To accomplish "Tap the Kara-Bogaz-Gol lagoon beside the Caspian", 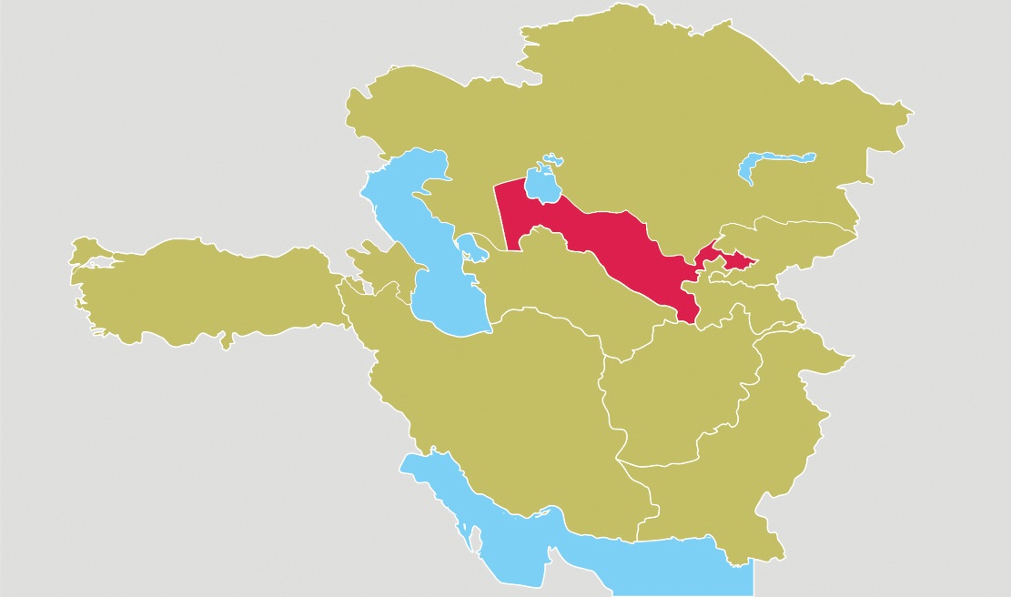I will [470, 248].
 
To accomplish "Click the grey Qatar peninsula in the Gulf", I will [474, 537].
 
